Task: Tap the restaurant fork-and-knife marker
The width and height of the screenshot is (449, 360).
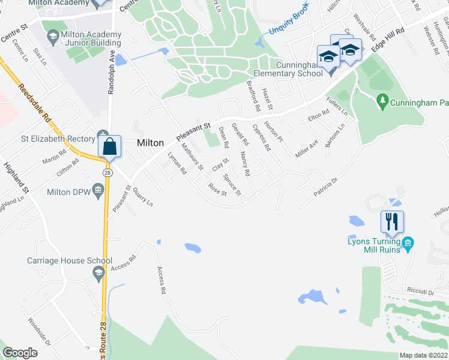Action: (391, 221)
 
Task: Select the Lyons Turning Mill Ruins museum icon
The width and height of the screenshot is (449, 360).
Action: (408, 243)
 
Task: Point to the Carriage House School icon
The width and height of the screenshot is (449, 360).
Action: (98, 274)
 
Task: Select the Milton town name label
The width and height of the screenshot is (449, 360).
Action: (150, 143)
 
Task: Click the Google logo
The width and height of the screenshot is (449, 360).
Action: (20, 353)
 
